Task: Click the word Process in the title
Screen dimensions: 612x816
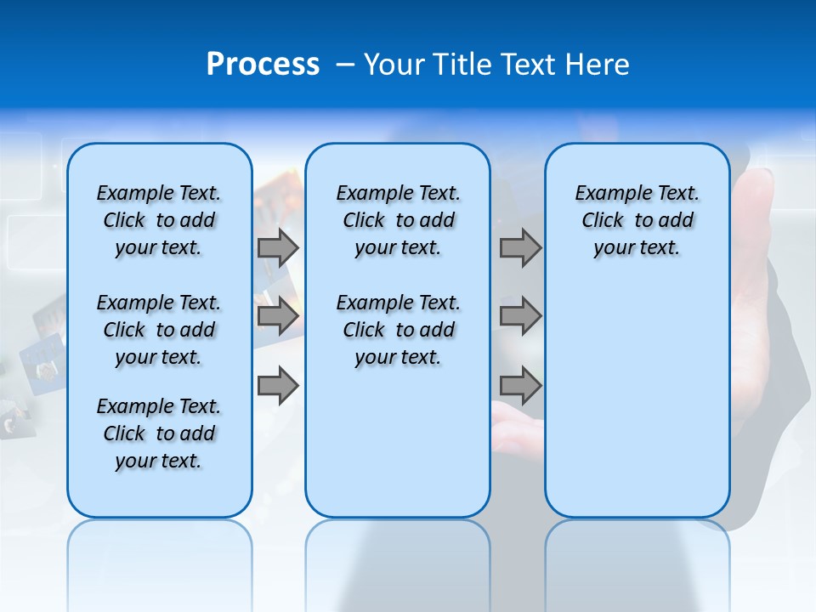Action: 263,64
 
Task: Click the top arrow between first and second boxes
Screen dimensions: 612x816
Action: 278,247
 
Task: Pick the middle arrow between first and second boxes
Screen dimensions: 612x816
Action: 278,316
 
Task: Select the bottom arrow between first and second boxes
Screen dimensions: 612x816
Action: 278,386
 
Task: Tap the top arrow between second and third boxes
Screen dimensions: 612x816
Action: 520,247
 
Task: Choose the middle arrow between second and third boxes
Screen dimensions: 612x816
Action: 520,316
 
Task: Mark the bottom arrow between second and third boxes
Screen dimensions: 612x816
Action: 520,386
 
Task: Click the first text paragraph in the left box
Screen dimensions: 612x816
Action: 159,220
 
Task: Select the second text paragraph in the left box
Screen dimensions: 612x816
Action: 159,330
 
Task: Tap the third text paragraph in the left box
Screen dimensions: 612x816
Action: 159,433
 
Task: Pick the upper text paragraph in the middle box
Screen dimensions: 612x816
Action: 398,220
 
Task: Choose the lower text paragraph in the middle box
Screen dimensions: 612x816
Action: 398,330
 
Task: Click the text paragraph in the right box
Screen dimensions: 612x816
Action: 637,220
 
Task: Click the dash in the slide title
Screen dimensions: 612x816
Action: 345,65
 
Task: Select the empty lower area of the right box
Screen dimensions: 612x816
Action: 637,399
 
